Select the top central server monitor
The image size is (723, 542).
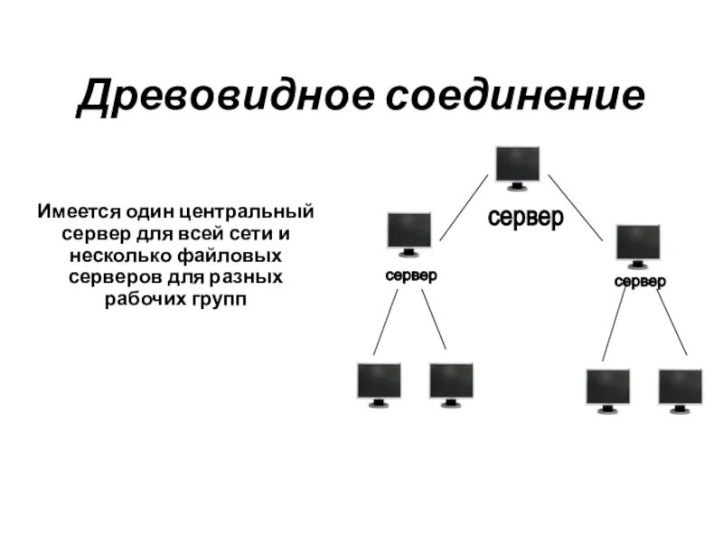518,166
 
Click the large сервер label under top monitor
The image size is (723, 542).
525,218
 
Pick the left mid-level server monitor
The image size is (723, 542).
408,233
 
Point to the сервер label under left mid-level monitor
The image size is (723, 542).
411,276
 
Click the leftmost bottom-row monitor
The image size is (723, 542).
379,383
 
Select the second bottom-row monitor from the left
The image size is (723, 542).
451,383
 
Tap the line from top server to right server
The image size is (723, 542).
575,207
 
